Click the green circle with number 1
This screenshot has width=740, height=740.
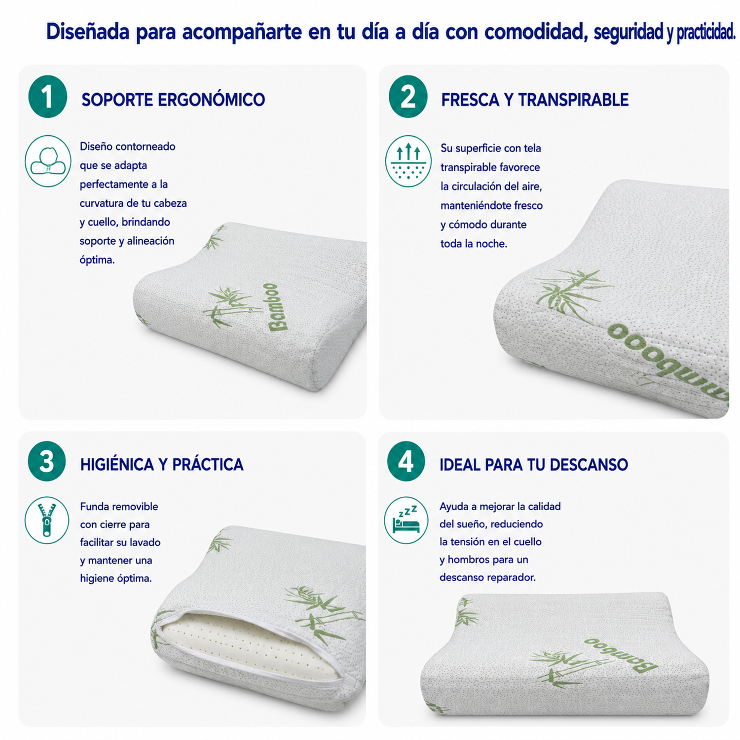click(48, 97)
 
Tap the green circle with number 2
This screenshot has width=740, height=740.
click(408, 97)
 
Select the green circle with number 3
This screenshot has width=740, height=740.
click(47, 461)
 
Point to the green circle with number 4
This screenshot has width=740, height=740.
click(406, 461)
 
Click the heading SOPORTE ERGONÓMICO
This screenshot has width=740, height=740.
click(173, 100)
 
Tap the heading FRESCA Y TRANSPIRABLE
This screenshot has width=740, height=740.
click(535, 100)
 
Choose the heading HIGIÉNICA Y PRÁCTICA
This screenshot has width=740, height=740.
click(162, 464)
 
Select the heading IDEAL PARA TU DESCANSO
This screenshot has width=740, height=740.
click(534, 465)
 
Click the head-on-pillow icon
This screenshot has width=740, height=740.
click(48, 161)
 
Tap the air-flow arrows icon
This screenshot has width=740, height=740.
click(408, 161)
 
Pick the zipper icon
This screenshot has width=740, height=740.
click(47, 520)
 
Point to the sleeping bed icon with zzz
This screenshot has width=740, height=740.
click(406, 520)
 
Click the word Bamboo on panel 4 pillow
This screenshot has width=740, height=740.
click(621, 654)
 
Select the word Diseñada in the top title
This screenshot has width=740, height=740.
click(88, 32)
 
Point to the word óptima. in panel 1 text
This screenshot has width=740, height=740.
click(97, 260)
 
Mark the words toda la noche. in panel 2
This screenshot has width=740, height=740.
click(474, 244)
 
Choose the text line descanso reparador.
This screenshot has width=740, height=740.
click(487, 577)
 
